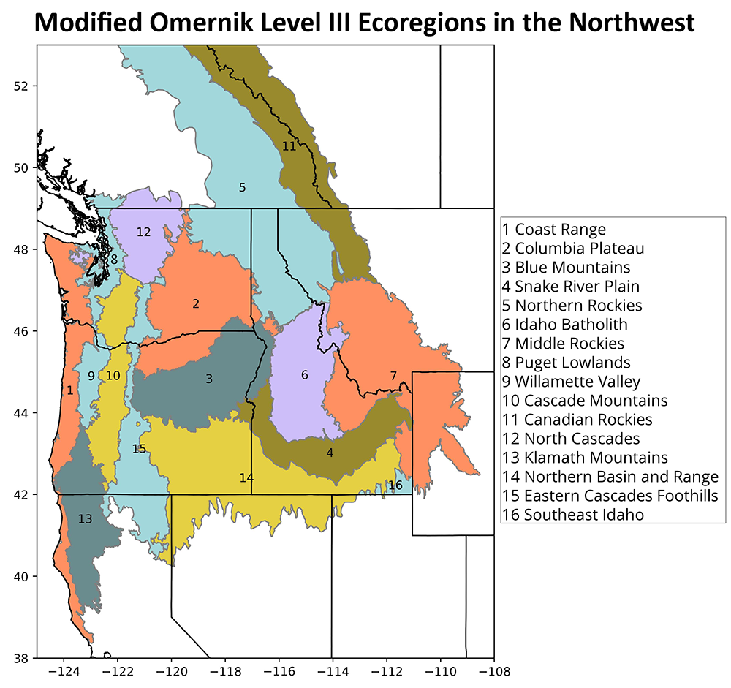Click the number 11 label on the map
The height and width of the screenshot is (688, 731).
tap(289, 145)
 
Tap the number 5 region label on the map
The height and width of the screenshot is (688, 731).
tap(242, 187)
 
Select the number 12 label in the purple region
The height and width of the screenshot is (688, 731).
tap(143, 232)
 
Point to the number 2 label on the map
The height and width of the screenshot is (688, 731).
tap(196, 303)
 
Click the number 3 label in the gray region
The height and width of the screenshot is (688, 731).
tap(209, 378)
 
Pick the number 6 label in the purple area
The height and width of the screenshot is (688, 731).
tap(305, 375)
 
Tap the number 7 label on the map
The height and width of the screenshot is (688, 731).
tap(393, 376)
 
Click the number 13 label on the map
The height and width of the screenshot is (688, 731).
tap(85, 519)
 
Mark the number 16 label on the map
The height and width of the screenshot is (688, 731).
tap(395, 485)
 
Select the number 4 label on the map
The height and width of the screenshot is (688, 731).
tap(330, 453)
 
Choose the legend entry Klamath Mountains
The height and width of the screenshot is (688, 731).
tap(585, 458)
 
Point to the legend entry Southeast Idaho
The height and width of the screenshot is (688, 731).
tap(573, 515)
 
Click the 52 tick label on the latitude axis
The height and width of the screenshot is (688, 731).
tap(21, 86)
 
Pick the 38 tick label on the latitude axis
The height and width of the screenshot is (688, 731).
tap(21, 658)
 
